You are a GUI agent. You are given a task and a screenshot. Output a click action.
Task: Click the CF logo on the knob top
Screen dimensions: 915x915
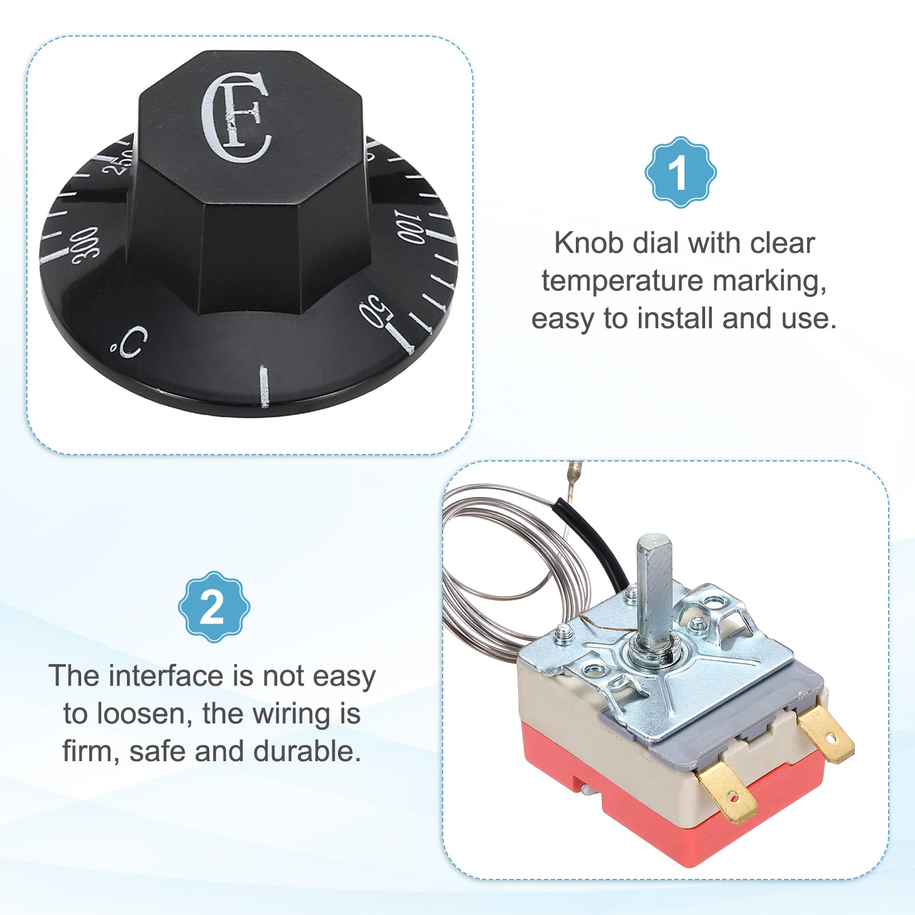(235, 117)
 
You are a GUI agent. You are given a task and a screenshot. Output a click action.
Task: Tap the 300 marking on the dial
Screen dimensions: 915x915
(85, 246)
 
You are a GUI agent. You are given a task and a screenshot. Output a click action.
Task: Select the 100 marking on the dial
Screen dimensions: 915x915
(410, 227)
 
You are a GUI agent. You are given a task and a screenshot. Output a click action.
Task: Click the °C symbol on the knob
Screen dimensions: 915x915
(130, 342)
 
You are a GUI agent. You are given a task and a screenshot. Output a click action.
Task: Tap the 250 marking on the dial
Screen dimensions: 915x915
(117, 162)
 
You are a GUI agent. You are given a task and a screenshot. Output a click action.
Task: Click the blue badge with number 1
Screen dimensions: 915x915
(681, 172)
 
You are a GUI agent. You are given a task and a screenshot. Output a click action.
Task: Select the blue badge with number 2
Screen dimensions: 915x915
(214, 607)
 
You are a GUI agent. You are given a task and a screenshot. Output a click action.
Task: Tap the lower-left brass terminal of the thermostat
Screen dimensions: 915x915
(727, 791)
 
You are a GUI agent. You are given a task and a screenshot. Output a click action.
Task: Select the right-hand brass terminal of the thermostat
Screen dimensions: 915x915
(826, 734)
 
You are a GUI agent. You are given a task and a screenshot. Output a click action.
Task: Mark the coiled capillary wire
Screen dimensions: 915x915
(457, 572)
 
